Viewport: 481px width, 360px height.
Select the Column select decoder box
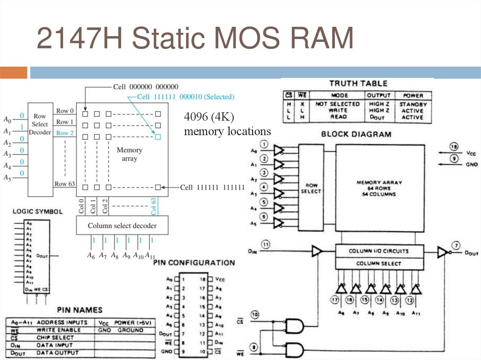(122, 226)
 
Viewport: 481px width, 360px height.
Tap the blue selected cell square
(158, 137)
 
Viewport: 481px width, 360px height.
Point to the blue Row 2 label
(65, 133)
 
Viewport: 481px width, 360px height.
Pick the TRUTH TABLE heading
(358, 84)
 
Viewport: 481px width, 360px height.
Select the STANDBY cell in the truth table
(413, 104)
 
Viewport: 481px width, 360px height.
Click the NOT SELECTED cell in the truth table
(337, 104)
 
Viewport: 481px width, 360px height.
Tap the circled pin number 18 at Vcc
(454, 147)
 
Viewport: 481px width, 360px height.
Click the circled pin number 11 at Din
(266, 245)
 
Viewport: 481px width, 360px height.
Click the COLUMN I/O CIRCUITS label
(379, 251)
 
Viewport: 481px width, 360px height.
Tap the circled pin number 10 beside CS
(256, 314)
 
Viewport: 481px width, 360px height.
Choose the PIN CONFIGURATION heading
(194, 263)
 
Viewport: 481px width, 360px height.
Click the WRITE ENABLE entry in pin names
(59, 330)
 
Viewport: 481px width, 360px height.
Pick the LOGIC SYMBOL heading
(37, 212)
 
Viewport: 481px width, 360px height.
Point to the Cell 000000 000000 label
(146, 87)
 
